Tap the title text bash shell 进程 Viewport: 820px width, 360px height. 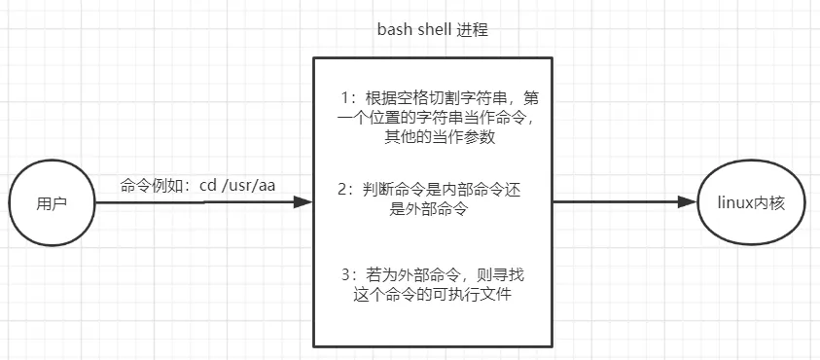432,30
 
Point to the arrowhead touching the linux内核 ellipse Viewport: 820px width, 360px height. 689,203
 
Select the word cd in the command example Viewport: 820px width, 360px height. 207,185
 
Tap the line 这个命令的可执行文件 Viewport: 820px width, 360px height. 432,294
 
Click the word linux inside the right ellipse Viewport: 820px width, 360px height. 735,204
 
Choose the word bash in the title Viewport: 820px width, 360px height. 392,30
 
